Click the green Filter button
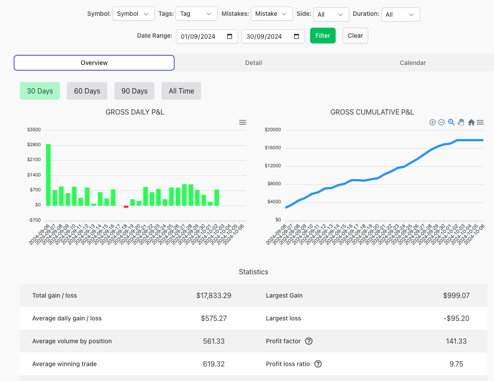322,36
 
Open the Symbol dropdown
133,14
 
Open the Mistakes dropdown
271,14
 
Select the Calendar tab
413,63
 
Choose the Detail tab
253,63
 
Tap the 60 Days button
87,91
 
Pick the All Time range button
181,91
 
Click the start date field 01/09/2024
202,36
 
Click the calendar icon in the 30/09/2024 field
296,36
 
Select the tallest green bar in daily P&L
48,175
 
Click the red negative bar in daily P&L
126,206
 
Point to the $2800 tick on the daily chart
34,145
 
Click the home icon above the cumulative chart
471,122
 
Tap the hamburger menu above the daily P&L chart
242,122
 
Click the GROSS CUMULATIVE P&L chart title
372,112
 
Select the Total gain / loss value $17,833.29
214,295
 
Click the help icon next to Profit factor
309,341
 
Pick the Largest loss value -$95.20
456,318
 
